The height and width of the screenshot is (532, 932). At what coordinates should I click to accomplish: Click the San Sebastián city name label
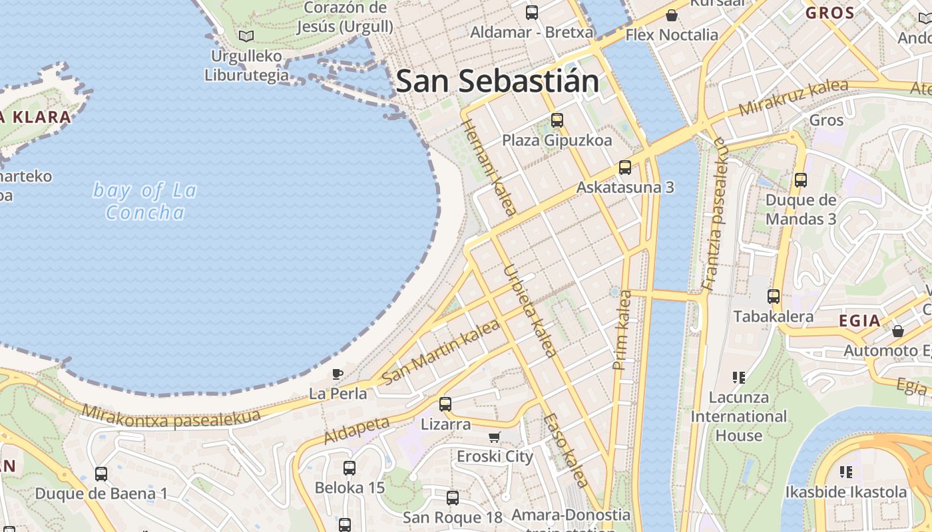[x=497, y=81]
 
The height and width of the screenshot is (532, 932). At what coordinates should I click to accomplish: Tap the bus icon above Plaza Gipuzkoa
[x=557, y=120]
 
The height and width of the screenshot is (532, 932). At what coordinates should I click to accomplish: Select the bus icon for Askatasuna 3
[x=624, y=168]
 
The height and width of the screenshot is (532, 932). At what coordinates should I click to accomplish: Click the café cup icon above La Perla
[x=338, y=374]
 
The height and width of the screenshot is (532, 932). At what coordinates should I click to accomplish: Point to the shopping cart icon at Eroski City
[x=494, y=437]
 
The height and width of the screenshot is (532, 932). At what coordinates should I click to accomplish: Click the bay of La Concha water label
[x=145, y=201]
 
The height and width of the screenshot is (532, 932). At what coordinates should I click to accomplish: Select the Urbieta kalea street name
[x=529, y=311]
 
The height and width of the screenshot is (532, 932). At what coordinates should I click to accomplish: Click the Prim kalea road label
[x=622, y=330]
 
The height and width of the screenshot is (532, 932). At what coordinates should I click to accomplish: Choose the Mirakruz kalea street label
[x=794, y=98]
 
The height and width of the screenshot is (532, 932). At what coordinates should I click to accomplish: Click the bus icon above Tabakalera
[x=773, y=297]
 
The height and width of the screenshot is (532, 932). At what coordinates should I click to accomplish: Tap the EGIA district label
[x=859, y=321]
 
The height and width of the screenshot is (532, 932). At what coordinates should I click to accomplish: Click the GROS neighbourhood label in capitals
[x=829, y=13]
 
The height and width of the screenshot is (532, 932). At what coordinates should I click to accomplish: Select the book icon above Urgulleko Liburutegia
[x=246, y=36]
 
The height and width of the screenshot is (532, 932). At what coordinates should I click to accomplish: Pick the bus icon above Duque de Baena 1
[x=101, y=474]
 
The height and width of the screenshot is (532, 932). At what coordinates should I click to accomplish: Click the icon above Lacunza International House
[x=738, y=378]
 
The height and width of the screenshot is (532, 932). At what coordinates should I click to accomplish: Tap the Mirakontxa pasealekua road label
[x=172, y=418]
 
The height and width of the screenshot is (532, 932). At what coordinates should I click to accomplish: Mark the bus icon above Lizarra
[x=445, y=404]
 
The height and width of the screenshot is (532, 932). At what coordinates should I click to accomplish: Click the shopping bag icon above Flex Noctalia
[x=672, y=15]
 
